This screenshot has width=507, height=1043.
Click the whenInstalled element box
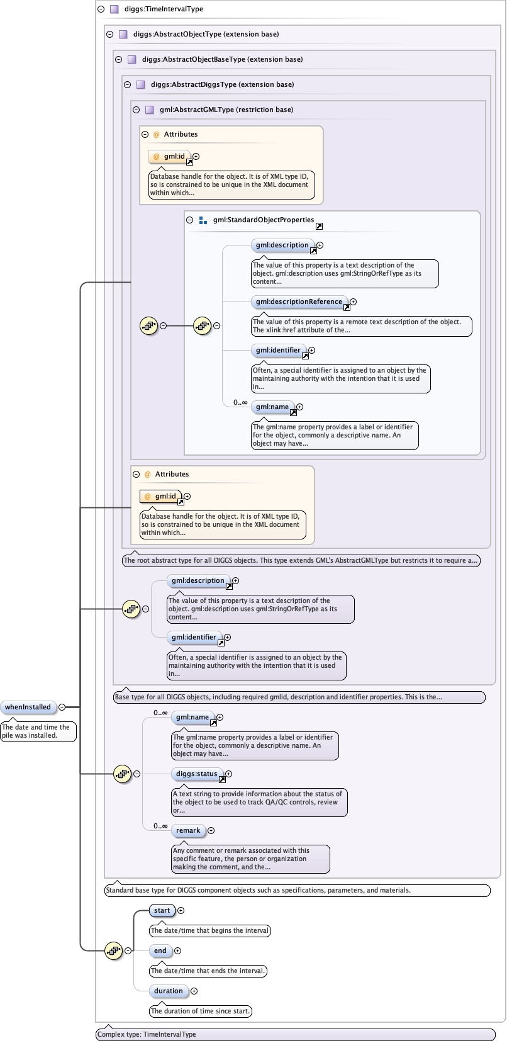(x=28, y=707)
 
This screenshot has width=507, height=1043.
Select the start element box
(x=162, y=910)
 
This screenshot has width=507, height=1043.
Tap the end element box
(x=160, y=950)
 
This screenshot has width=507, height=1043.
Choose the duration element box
(x=168, y=991)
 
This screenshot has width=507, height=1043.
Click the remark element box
(x=187, y=830)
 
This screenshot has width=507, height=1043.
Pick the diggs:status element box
(x=196, y=774)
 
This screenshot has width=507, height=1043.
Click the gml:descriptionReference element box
(x=299, y=302)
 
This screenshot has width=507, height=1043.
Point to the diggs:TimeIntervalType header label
(x=163, y=9)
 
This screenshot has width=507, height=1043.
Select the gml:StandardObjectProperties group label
(x=263, y=220)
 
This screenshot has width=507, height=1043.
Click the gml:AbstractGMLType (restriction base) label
(x=226, y=110)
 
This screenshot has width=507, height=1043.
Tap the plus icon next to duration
(x=194, y=991)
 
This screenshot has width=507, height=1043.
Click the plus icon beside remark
(x=211, y=831)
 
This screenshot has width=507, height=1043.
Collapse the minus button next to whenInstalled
(x=62, y=708)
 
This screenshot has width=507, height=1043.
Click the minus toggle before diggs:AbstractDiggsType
(x=128, y=84)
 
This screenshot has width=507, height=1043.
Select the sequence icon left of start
(x=113, y=950)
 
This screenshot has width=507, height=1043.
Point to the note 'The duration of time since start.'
(x=200, y=1011)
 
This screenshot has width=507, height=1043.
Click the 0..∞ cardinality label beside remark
(x=160, y=826)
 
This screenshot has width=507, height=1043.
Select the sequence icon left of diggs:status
(x=122, y=774)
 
